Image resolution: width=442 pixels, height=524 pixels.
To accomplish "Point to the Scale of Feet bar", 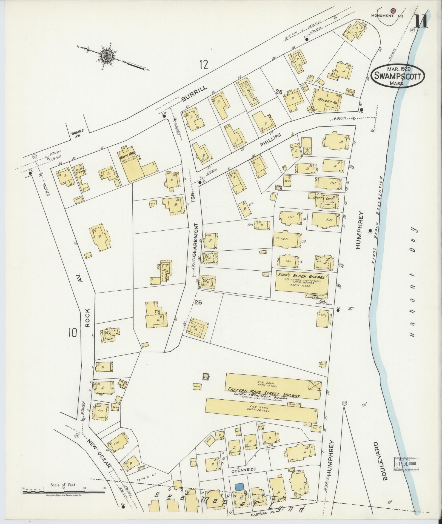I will [x=64, y=492].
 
